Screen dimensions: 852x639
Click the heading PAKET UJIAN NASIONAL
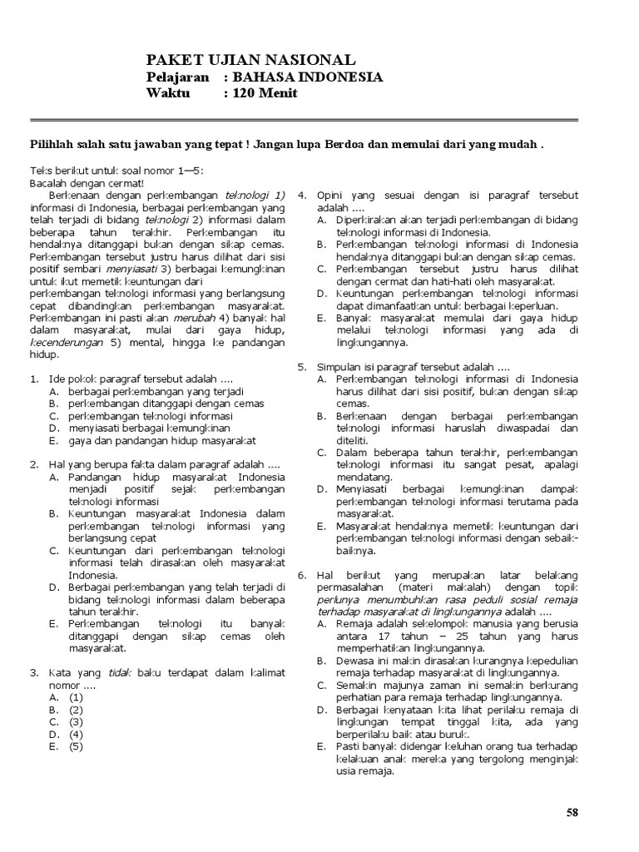[250, 60]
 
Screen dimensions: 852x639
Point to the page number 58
[572, 813]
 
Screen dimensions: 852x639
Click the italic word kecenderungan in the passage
[67, 342]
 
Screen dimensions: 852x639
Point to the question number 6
[301, 575]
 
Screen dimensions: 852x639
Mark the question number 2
[33, 464]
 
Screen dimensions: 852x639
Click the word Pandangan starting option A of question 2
[97, 477]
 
